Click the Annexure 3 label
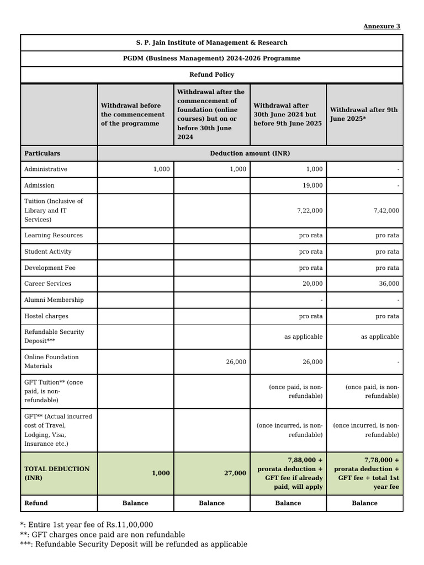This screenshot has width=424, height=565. click(x=381, y=26)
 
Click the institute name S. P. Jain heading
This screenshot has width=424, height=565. click(x=211, y=42)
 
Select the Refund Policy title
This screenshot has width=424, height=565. click(x=211, y=74)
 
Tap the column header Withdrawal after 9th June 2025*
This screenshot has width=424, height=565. click(x=364, y=114)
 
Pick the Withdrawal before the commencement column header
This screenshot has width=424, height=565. click(x=132, y=114)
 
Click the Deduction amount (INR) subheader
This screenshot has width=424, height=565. click(x=250, y=153)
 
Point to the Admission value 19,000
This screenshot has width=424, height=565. click(x=313, y=185)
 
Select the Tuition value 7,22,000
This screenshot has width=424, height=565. click(x=310, y=210)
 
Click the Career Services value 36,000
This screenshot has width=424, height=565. click(x=389, y=284)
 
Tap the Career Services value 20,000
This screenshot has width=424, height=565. click(x=313, y=284)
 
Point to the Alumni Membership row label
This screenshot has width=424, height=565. click(x=54, y=300)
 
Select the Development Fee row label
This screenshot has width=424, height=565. click(x=50, y=268)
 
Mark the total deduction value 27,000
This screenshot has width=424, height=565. click(x=236, y=473)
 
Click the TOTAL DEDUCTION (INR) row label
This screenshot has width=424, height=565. click(x=56, y=473)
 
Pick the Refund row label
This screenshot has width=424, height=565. click(x=36, y=503)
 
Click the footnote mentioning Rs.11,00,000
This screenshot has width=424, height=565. click(x=87, y=525)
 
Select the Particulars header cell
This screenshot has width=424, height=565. click(x=43, y=153)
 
